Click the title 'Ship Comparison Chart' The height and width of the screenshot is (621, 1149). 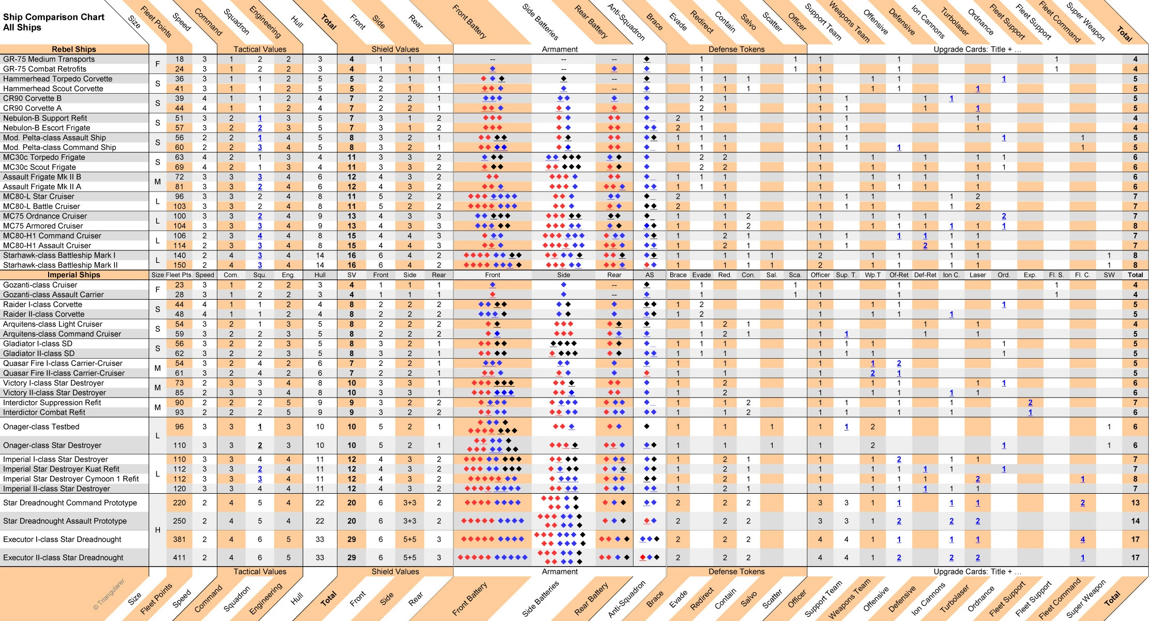[x=54, y=17]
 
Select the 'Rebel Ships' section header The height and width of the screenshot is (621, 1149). [x=74, y=49]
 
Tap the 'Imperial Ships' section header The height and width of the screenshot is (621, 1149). [x=74, y=275]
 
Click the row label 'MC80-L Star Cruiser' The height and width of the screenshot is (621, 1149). [x=39, y=197]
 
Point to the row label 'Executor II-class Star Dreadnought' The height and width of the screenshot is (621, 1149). [x=63, y=558]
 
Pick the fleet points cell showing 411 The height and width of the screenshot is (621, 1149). [x=179, y=558]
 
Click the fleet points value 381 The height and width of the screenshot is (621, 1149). [x=179, y=539]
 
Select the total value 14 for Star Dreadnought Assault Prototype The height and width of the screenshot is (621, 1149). [x=1135, y=521]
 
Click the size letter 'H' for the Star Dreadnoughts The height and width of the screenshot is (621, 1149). [x=157, y=530]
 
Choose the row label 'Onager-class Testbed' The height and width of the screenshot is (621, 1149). [x=41, y=427]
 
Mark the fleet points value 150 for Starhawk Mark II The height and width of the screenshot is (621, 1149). [x=179, y=265]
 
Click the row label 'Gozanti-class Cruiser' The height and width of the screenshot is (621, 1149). [x=40, y=285]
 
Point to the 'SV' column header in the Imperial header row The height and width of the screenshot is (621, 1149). [x=351, y=275]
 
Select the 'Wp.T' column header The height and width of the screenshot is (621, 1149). [x=873, y=275]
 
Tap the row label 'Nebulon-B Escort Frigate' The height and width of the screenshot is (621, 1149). [x=47, y=128]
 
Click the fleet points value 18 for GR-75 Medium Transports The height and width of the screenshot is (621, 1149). [x=179, y=59]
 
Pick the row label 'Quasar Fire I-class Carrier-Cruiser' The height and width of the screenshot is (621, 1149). [x=63, y=363]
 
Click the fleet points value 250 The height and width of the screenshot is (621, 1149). [x=179, y=521]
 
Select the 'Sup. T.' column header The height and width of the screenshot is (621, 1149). [x=846, y=275]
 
